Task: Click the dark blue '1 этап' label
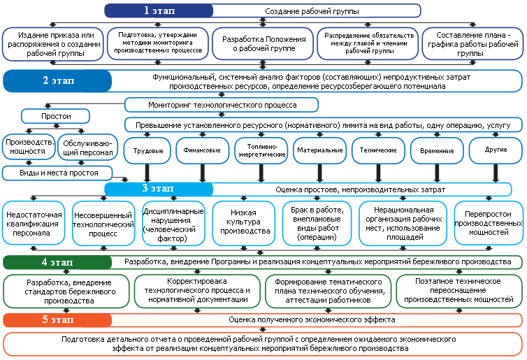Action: (159, 10)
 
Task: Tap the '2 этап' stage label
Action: (58, 80)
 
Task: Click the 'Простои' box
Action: (56, 116)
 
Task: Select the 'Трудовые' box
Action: (148, 150)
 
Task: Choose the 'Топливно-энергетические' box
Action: (261, 150)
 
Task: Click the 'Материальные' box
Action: (319, 150)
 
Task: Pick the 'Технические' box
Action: (378, 150)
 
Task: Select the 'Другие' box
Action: (496, 150)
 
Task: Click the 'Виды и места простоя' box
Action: (58, 172)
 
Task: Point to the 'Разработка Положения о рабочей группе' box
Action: (263, 43)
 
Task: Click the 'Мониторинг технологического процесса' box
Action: (222, 105)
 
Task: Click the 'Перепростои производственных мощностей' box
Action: (488, 222)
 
